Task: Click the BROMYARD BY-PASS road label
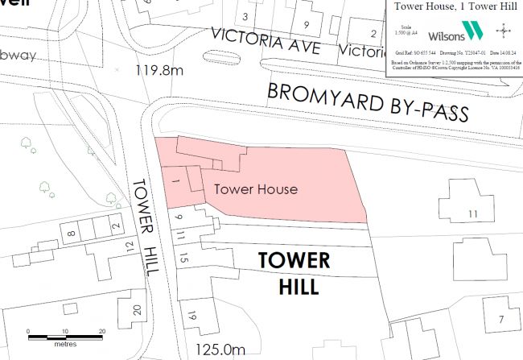(x=368, y=102)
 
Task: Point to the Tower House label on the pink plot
(x=256, y=189)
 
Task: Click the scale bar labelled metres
(x=64, y=334)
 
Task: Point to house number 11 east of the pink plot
(x=472, y=213)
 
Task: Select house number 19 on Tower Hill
(x=191, y=315)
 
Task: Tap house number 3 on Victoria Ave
(x=245, y=16)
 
